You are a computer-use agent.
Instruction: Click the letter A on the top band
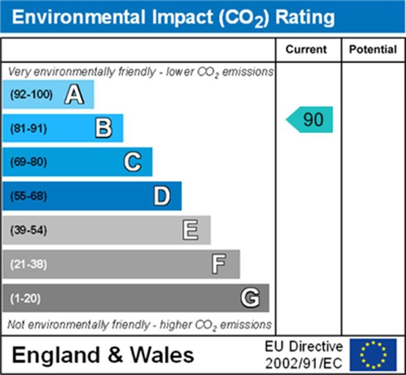pyautogui.click(x=74, y=94)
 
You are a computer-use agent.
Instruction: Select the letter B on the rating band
pyautogui.click(x=103, y=128)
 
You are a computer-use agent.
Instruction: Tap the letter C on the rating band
pyautogui.click(x=132, y=162)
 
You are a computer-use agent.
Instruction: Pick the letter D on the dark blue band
pyautogui.click(x=162, y=196)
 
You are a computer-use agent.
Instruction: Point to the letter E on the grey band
pyautogui.click(x=190, y=231)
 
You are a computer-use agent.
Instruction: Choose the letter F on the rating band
pyautogui.click(x=219, y=264)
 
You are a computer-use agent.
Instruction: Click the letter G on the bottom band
pyautogui.click(x=250, y=298)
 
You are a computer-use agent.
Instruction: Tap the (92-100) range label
pyautogui.click(x=31, y=94)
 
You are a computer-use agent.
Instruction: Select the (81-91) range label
pyautogui.click(x=28, y=129)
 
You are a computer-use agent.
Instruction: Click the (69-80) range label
pyautogui.click(x=28, y=163)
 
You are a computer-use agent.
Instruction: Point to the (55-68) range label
pyautogui.click(x=28, y=197)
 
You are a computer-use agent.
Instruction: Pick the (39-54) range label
pyautogui.click(x=28, y=231)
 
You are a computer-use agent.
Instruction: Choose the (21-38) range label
pyautogui.click(x=28, y=265)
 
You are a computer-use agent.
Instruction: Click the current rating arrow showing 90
pyautogui.click(x=311, y=120)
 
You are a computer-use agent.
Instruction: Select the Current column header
pyautogui.click(x=306, y=49)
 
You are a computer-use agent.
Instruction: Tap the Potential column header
pyautogui.click(x=373, y=49)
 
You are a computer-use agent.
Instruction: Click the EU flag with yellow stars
pyautogui.click(x=373, y=354)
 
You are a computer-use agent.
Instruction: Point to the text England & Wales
pyautogui.click(x=103, y=354)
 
